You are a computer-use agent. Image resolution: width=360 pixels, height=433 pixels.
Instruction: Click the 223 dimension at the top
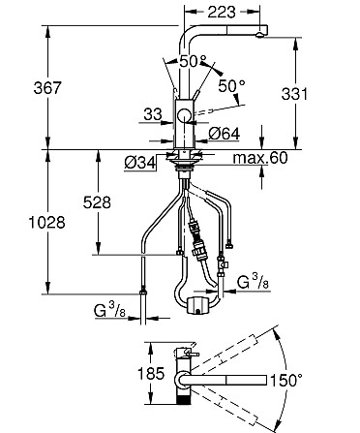222,12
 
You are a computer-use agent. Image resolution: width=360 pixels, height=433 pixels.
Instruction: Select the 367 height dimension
47,88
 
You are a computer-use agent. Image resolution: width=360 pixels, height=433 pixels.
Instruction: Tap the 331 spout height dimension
294,94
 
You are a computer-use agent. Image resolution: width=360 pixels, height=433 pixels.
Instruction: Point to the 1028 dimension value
47,223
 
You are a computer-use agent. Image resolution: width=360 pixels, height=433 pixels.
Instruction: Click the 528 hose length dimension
97,202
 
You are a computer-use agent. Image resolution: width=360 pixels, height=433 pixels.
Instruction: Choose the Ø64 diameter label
225,134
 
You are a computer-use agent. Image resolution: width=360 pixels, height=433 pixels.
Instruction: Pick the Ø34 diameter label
140,164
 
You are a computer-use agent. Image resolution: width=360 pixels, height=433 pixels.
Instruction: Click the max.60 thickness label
260,158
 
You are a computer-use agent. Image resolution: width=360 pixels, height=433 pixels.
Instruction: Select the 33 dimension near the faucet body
153,114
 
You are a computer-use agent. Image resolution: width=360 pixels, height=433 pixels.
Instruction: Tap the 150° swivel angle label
286,380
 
